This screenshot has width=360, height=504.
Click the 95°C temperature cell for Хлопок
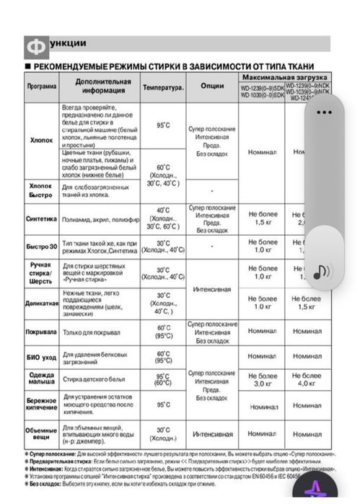tap(163, 125)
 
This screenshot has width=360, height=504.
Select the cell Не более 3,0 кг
tap(263, 380)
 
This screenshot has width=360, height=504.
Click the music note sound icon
tap(322, 270)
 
